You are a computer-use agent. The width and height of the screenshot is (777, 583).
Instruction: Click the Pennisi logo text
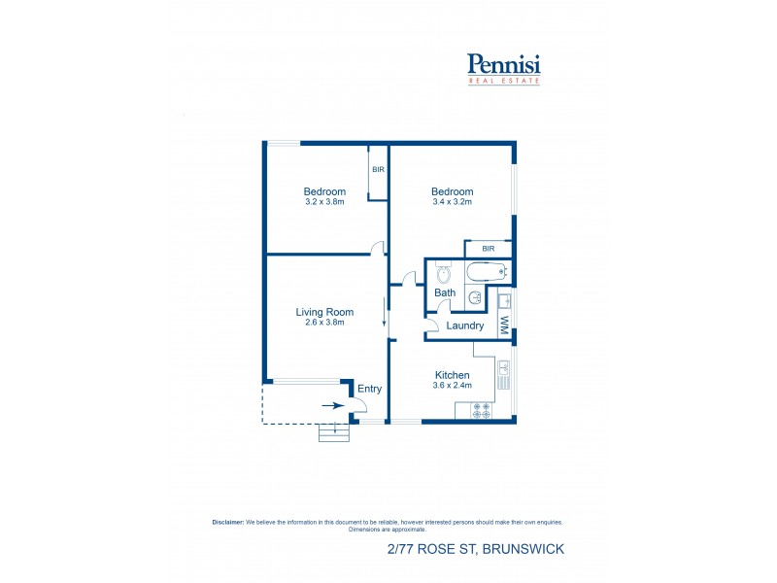pos(503,64)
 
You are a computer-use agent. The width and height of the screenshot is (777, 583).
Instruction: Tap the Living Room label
pos(324,312)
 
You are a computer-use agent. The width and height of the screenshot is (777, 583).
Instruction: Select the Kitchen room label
pos(452,375)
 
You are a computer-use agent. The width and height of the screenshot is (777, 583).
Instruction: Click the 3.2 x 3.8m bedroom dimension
pos(324,202)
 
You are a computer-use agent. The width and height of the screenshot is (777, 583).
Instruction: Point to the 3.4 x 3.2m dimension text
pos(452,202)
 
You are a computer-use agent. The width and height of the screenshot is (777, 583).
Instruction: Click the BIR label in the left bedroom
pos(378,169)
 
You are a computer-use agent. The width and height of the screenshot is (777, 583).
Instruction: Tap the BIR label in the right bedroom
pos(488,249)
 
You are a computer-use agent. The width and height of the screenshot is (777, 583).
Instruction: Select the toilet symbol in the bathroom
pos(443,273)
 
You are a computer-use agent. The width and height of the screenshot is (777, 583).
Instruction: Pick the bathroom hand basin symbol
pos(473,297)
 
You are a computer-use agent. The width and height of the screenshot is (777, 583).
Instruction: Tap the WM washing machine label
pos(504,326)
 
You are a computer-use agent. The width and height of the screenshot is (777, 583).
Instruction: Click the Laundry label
pos(465,326)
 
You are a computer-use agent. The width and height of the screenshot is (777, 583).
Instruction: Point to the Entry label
pos(369,389)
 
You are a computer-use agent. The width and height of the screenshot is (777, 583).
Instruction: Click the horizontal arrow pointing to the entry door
pos(332,406)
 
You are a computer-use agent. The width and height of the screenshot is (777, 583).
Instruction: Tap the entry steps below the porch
pos(333,433)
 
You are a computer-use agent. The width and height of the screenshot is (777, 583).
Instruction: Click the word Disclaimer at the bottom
pos(228,522)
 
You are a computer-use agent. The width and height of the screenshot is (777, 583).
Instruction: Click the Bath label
pos(445,292)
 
